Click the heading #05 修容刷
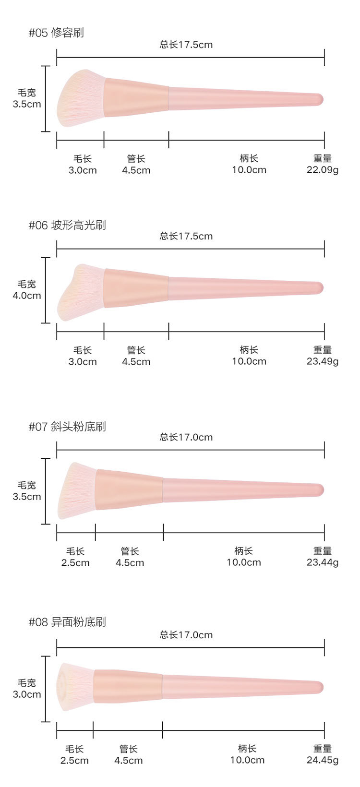tap(56, 33)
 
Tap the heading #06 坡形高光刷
tap(67, 225)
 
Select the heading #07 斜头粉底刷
tap(67, 427)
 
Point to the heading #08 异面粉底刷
tap(67, 622)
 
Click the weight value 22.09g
tap(323, 170)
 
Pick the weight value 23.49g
tap(323, 361)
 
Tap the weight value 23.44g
tap(323, 562)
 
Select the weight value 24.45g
tap(323, 760)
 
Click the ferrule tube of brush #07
tap(130, 489)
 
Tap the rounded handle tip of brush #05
tap(318, 99)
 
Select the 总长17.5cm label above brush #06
tap(186, 236)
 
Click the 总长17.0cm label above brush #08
tap(186, 635)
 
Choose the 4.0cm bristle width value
tap(27, 296)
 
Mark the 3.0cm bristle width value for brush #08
tap(27, 694)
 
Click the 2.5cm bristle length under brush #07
tap(75, 562)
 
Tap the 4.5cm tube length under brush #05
tap(136, 170)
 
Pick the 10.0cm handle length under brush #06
tap(249, 361)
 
